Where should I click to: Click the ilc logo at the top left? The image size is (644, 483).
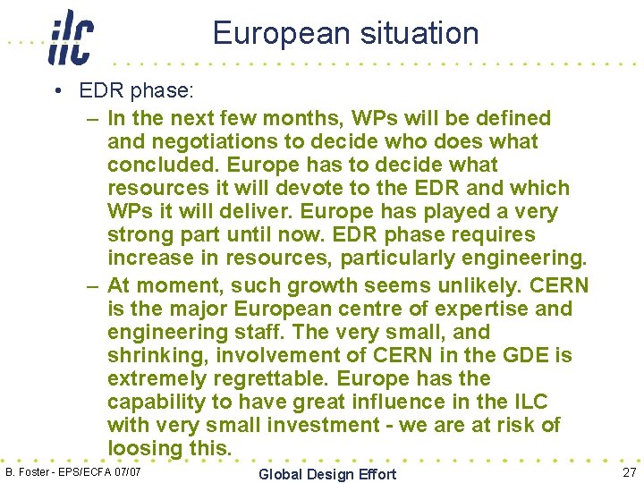[71, 38]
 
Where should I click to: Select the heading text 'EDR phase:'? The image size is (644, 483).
[134, 92]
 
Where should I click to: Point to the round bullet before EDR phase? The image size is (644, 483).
[56, 93]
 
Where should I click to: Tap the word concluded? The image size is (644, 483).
[164, 165]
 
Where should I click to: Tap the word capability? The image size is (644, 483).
[160, 402]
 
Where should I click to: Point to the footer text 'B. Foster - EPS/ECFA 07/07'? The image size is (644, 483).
[73, 471]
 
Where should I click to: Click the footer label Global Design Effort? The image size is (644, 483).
[327, 474]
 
